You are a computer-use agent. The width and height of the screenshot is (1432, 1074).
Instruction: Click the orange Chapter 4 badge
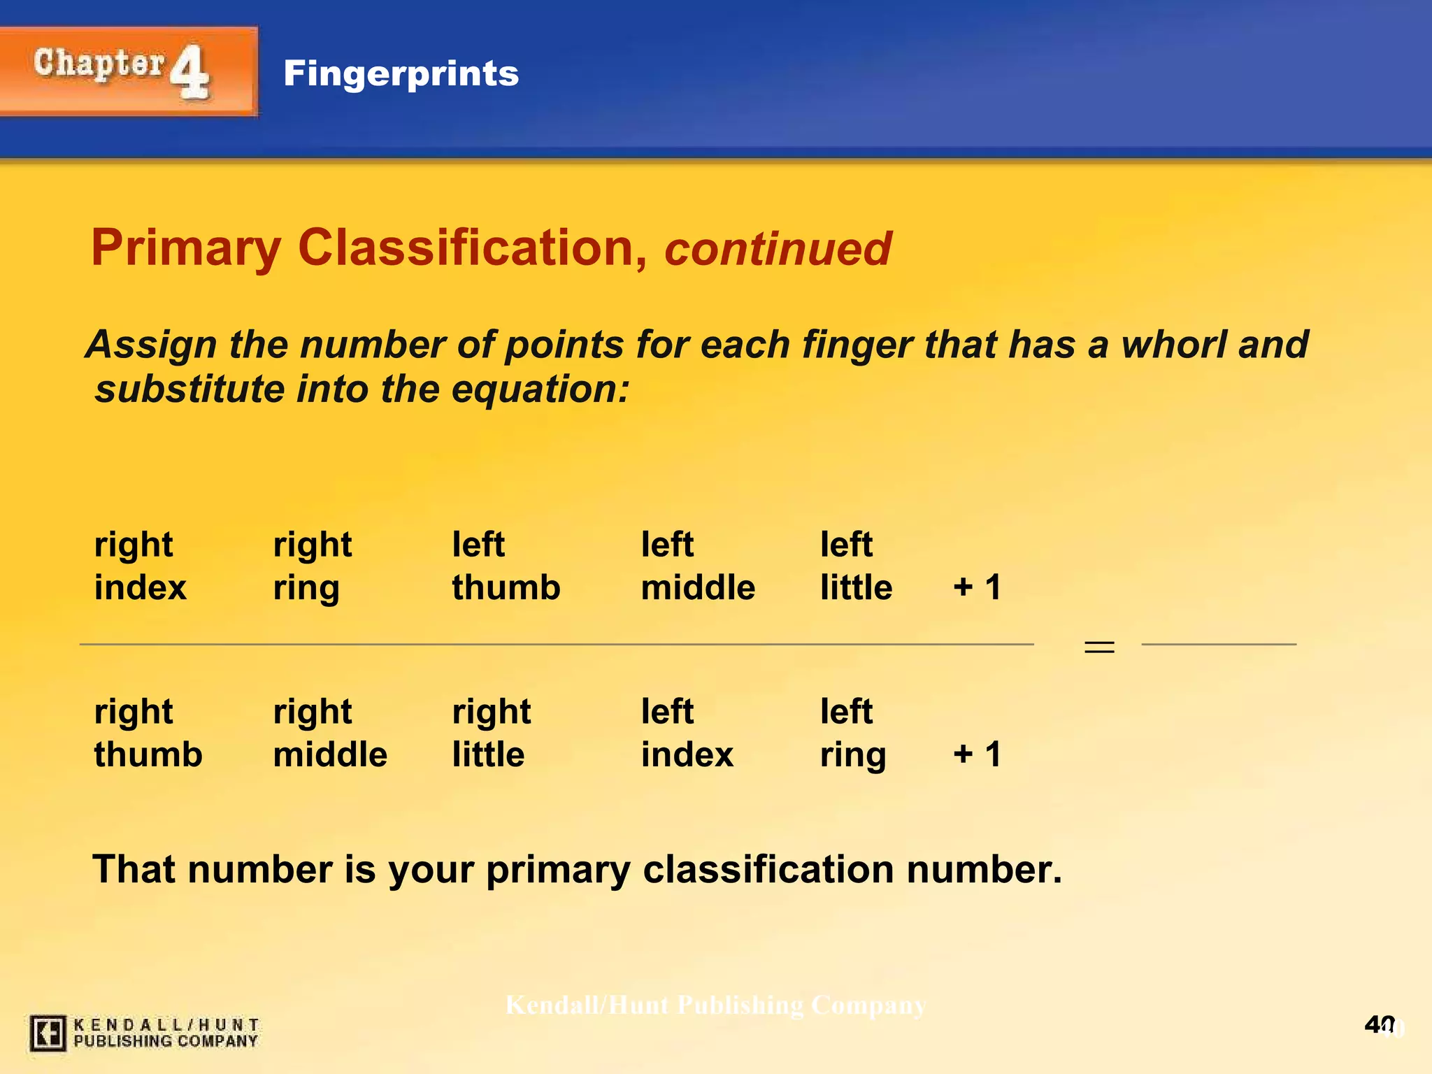[128, 71]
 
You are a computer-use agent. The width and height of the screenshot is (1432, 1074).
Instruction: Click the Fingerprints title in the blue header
[401, 73]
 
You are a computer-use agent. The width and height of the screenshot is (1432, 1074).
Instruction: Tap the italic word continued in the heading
[778, 249]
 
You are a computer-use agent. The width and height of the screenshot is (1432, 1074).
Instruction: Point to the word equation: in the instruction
[540, 389]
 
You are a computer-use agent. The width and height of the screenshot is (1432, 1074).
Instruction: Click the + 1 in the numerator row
[977, 587]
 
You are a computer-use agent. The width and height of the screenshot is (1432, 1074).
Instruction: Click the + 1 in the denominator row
[977, 754]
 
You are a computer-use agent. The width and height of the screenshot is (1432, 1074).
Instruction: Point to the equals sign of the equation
[1099, 647]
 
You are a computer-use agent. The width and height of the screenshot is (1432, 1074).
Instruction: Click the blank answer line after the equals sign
[1218, 643]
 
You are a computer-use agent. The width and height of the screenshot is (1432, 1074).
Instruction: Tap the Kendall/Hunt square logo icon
[48, 1033]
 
